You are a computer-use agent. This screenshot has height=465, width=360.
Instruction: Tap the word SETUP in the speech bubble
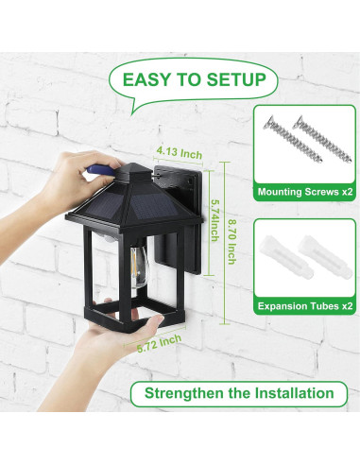tap(236, 79)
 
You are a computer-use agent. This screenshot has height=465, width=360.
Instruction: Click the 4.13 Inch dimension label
tap(180, 153)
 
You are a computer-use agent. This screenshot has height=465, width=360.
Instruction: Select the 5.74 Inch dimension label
tap(214, 220)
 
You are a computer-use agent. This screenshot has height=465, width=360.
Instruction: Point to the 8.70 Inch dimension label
tap(231, 242)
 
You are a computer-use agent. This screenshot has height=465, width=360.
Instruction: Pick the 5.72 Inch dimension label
tap(159, 344)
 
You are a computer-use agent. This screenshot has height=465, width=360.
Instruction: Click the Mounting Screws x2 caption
tap(305, 192)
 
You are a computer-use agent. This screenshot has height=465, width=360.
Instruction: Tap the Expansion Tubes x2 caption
tap(305, 306)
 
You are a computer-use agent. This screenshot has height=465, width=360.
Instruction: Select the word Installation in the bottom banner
tap(294, 393)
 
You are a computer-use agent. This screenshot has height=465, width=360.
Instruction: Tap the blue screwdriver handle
tap(100, 170)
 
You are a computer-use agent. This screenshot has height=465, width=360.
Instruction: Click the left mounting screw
tap(293, 139)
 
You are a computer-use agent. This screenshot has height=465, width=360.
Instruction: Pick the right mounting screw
tap(322, 139)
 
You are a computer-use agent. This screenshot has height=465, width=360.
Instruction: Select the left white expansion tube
tap(285, 257)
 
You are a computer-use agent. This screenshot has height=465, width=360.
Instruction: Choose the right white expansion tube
tap(325, 256)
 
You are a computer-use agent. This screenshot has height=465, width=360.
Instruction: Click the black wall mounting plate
tap(179, 219)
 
